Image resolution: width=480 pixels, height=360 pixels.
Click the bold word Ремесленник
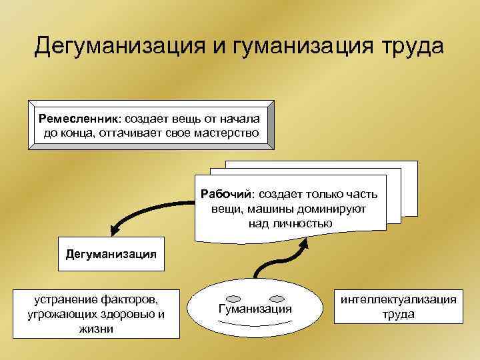(x=79, y=118)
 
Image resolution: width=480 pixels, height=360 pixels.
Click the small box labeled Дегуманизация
(x=111, y=253)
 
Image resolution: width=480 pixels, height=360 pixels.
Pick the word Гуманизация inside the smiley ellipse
(x=255, y=309)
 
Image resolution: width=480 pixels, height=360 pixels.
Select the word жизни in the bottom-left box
(x=95, y=329)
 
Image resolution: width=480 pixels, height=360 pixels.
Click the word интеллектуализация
(x=398, y=300)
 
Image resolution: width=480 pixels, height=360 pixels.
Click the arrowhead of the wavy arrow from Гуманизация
(x=303, y=244)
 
